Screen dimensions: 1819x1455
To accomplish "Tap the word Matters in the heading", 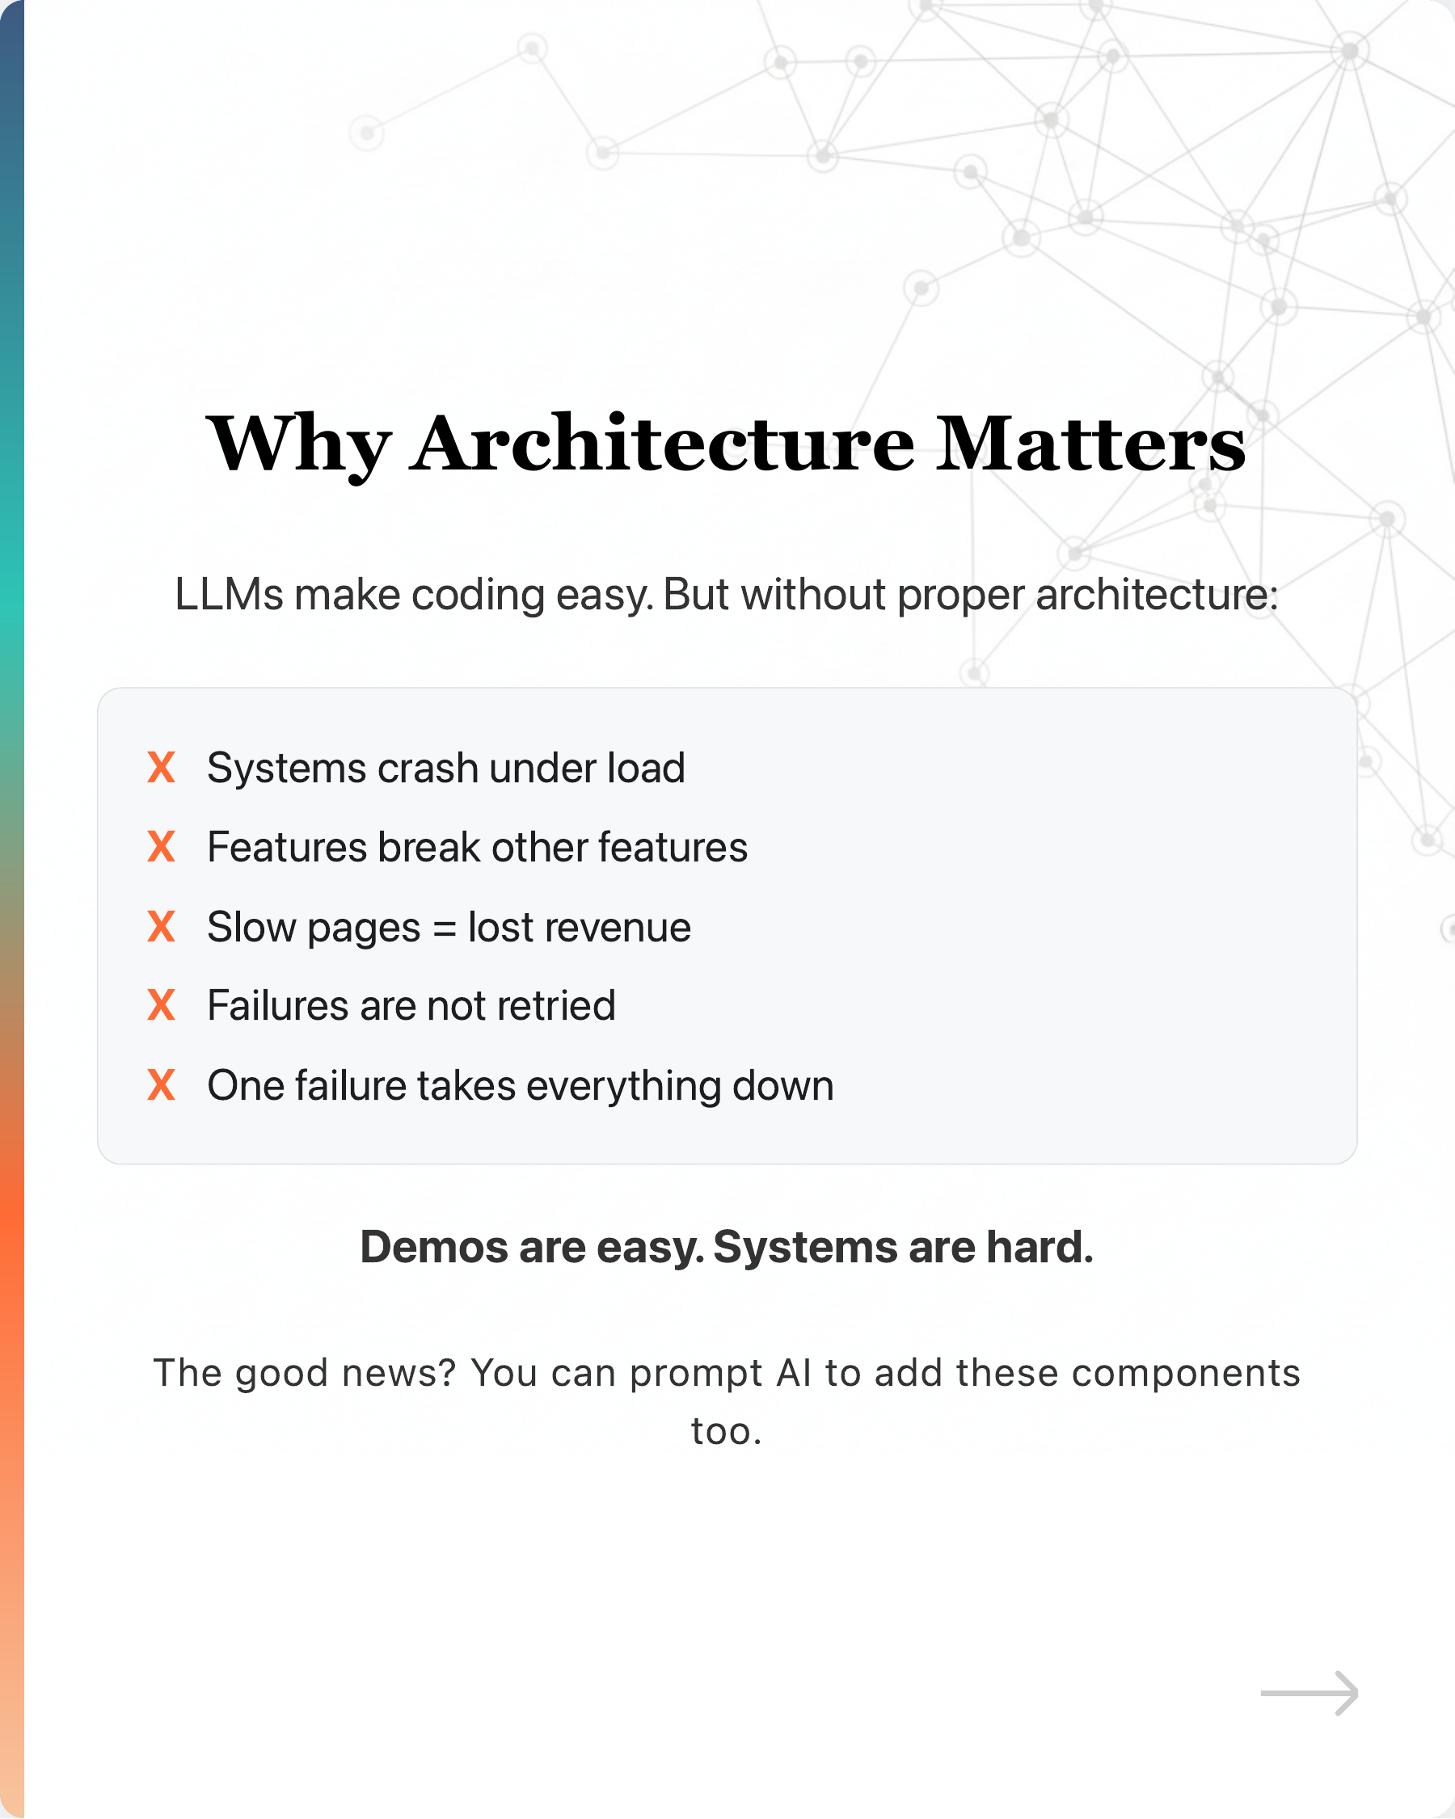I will (x=1090, y=444).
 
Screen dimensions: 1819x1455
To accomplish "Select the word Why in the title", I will (x=299, y=444).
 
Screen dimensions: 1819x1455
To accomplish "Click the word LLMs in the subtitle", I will (x=228, y=595).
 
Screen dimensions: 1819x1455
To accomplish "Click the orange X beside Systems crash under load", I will (x=161, y=768).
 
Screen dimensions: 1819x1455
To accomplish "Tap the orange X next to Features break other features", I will (x=161, y=846).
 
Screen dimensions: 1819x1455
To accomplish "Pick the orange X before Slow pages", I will (x=161, y=926).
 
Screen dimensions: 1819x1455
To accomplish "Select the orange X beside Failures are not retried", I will (x=161, y=1006).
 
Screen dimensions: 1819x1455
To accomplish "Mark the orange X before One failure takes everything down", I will (x=161, y=1085).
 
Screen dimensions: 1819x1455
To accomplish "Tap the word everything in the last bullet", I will (x=624, y=1087).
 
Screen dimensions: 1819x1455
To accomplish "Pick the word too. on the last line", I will (x=727, y=1431).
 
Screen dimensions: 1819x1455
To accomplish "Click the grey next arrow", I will (x=1309, y=1692).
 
